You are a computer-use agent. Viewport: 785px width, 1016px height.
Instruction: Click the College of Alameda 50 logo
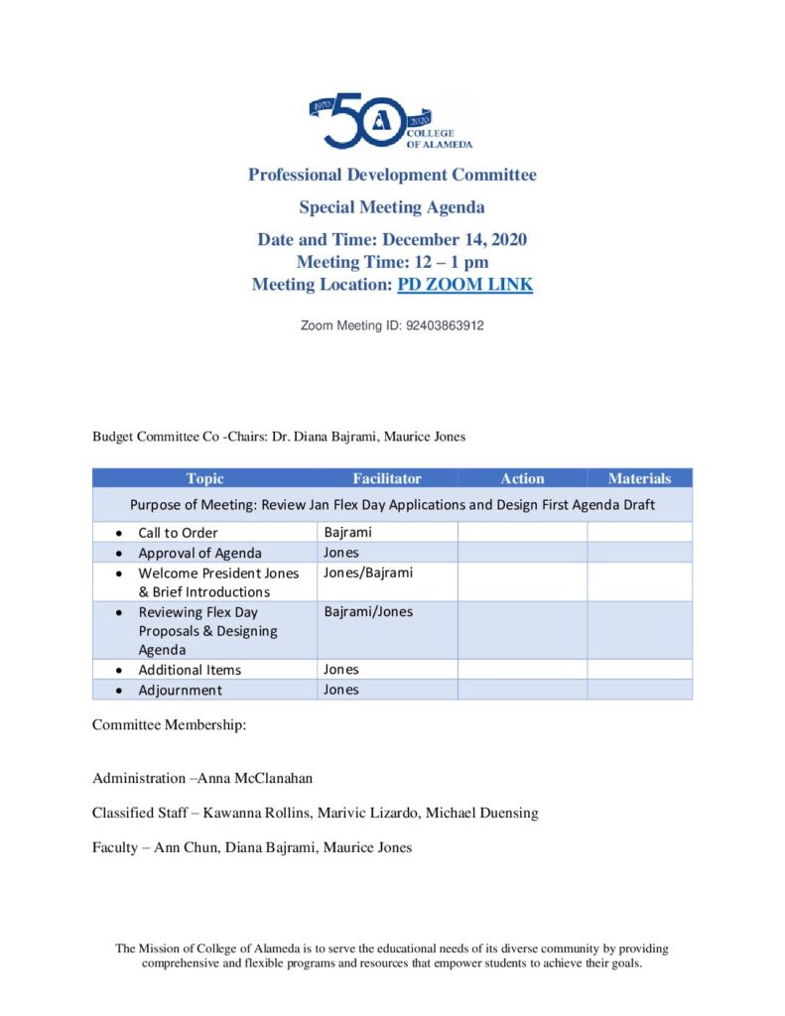pyautogui.click(x=391, y=122)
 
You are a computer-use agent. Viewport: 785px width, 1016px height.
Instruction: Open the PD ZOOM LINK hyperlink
pyautogui.click(x=464, y=285)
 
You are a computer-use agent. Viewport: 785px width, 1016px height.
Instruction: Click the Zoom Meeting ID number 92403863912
pyautogui.click(x=445, y=325)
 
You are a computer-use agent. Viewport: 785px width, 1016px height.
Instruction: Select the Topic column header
pyautogui.click(x=204, y=478)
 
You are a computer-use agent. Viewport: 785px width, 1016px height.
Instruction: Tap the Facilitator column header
pyautogui.click(x=386, y=478)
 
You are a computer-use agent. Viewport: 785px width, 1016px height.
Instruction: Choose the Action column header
pyautogui.click(x=522, y=478)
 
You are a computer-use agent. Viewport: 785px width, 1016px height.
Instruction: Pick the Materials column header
pyautogui.click(x=639, y=478)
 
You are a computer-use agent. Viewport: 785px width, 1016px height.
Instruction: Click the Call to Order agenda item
pyautogui.click(x=178, y=533)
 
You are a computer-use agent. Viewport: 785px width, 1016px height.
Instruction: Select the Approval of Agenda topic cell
pyautogui.click(x=199, y=553)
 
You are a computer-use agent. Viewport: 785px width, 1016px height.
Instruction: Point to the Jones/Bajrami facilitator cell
pyautogui.click(x=368, y=572)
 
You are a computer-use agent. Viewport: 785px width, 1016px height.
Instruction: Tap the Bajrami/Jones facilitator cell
pyautogui.click(x=368, y=611)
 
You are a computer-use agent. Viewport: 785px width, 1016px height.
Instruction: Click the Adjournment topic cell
pyautogui.click(x=180, y=690)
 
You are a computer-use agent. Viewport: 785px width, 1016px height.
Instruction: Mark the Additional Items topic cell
pyautogui.click(x=189, y=670)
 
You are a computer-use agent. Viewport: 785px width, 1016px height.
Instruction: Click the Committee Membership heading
pyautogui.click(x=169, y=724)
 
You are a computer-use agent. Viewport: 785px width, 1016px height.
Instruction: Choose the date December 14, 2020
pyautogui.click(x=454, y=239)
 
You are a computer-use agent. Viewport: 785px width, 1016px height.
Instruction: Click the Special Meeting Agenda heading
pyautogui.click(x=392, y=207)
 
